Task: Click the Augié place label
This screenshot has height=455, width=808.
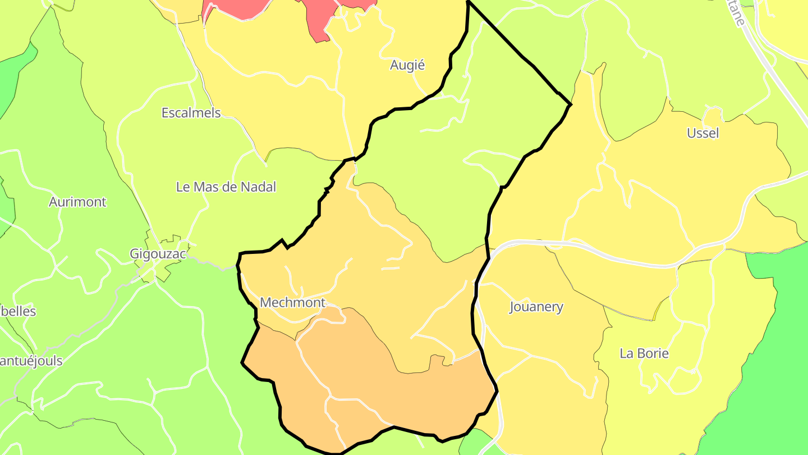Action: tap(407, 65)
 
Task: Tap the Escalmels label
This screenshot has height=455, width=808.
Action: tap(191, 112)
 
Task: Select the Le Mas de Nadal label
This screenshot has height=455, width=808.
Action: tap(226, 187)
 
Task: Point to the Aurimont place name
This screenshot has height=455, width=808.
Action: tap(77, 202)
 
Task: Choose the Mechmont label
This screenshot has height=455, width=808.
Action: tap(292, 303)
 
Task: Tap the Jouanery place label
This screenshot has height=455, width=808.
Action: tap(536, 307)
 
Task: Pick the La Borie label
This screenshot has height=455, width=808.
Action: tap(644, 353)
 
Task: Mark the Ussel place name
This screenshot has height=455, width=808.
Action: tap(703, 133)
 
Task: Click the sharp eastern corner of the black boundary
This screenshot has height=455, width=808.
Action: tap(571, 104)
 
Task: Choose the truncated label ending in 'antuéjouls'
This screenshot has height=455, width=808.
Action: tap(31, 361)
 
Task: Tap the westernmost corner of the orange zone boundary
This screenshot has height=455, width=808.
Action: tap(242, 363)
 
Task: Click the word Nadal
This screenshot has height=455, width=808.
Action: tap(258, 187)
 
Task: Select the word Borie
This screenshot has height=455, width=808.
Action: tap(654, 353)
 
